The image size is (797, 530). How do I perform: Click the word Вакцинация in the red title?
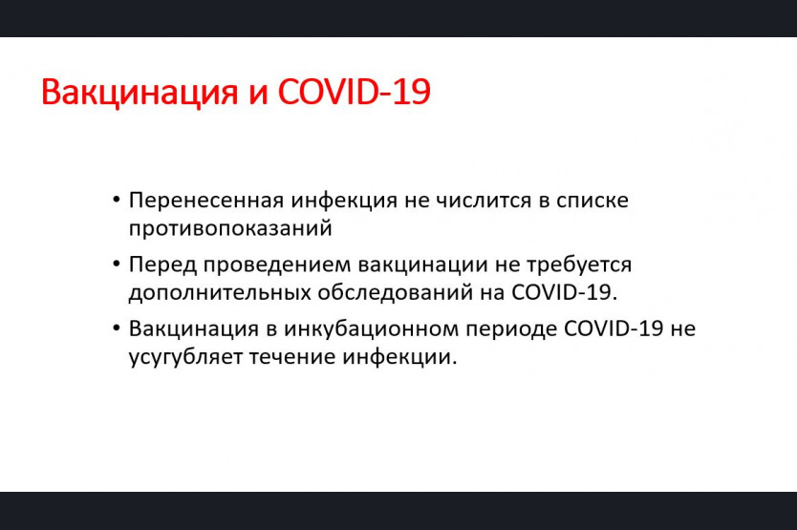[140, 93]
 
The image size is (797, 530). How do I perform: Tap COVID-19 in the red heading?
[355, 92]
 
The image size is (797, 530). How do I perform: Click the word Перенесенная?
[206, 201]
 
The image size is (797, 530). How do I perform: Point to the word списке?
[592, 201]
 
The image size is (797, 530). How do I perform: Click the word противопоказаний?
[230, 228]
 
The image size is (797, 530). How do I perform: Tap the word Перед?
[163, 265]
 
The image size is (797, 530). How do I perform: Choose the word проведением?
[277, 265]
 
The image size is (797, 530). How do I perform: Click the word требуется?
[579, 265]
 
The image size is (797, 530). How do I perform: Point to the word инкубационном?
[371, 329]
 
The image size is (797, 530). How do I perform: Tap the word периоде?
[511, 329]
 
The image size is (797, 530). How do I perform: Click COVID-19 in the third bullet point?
[614, 329]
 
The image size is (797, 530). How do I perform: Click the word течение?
[291, 357]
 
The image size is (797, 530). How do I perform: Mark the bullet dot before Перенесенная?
[117, 201]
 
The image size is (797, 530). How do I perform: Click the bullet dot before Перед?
[117, 265]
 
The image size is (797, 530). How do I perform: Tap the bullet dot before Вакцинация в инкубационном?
[117, 329]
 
